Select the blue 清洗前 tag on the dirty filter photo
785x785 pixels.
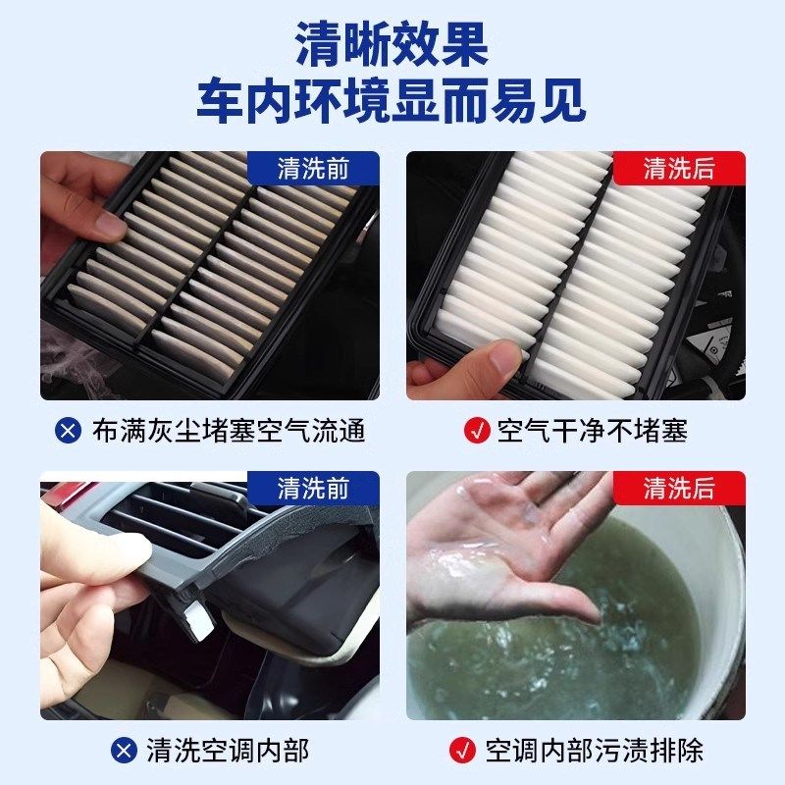pyautogui.click(x=313, y=168)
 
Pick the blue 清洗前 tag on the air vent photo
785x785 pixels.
pyautogui.click(x=313, y=488)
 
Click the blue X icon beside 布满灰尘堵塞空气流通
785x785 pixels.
pyautogui.click(x=69, y=431)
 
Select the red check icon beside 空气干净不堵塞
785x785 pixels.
pyautogui.click(x=476, y=431)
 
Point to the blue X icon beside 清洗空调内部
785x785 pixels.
pyautogui.click(x=123, y=751)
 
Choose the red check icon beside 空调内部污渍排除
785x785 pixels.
pyautogui.click(x=461, y=751)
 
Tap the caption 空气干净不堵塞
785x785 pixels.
pyautogui.click(x=593, y=431)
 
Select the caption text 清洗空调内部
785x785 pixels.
pyautogui.click(x=228, y=751)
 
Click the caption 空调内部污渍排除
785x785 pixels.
pyautogui.click(x=595, y=751)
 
